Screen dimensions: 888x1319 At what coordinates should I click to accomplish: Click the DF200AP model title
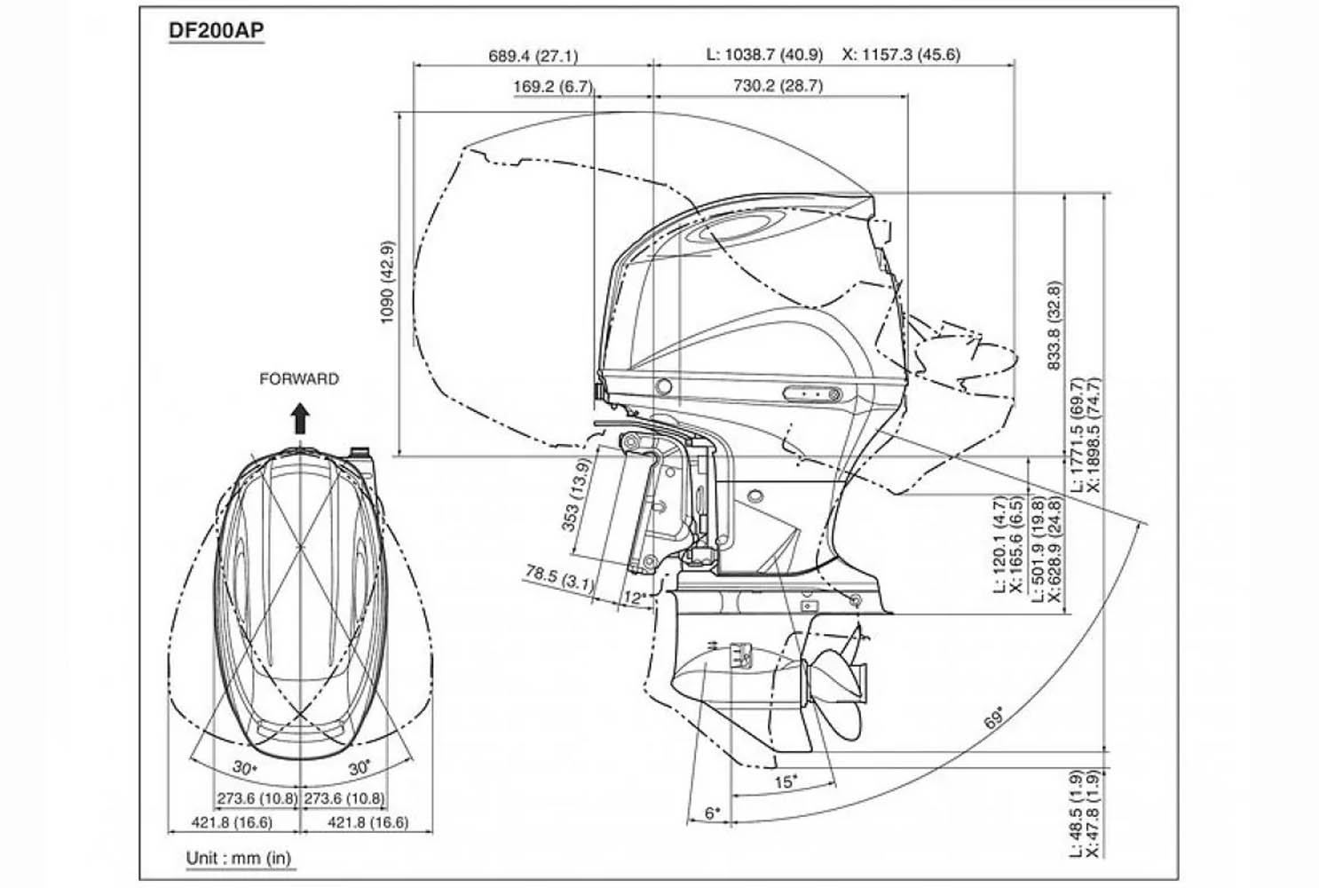(216, 31)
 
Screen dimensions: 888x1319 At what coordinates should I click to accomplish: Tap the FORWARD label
(299, 379)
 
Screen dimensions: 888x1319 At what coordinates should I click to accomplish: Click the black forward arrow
(300, 417)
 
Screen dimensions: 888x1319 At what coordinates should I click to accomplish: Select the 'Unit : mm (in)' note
(238, 859)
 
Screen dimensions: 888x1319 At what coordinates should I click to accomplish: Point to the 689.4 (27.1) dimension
(533, 56)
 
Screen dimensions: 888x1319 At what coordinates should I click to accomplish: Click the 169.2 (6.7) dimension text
(552, 86)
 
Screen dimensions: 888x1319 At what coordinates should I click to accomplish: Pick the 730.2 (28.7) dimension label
(778, 86)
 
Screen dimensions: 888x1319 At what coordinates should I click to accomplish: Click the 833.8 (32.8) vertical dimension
(1054, 326)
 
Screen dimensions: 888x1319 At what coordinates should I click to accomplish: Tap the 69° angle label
(995, 718)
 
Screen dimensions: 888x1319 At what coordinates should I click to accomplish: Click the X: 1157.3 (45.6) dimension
(901, 55)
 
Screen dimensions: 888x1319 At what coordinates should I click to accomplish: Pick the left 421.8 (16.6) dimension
(233, 823)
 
